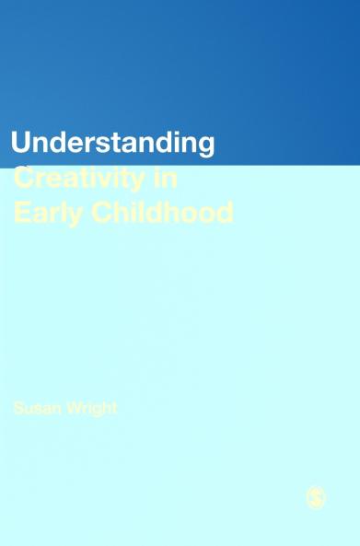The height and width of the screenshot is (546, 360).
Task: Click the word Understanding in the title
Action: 112,145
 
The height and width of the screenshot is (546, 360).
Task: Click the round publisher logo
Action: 315,498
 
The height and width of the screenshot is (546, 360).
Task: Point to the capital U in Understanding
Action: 21,144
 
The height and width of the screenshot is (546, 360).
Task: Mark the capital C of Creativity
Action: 23,178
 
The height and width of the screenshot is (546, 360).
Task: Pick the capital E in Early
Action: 19,213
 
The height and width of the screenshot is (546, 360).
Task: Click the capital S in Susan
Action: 18,408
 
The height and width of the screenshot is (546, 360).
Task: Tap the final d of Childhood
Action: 223,213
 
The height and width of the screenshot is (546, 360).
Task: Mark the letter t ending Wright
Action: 114,408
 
